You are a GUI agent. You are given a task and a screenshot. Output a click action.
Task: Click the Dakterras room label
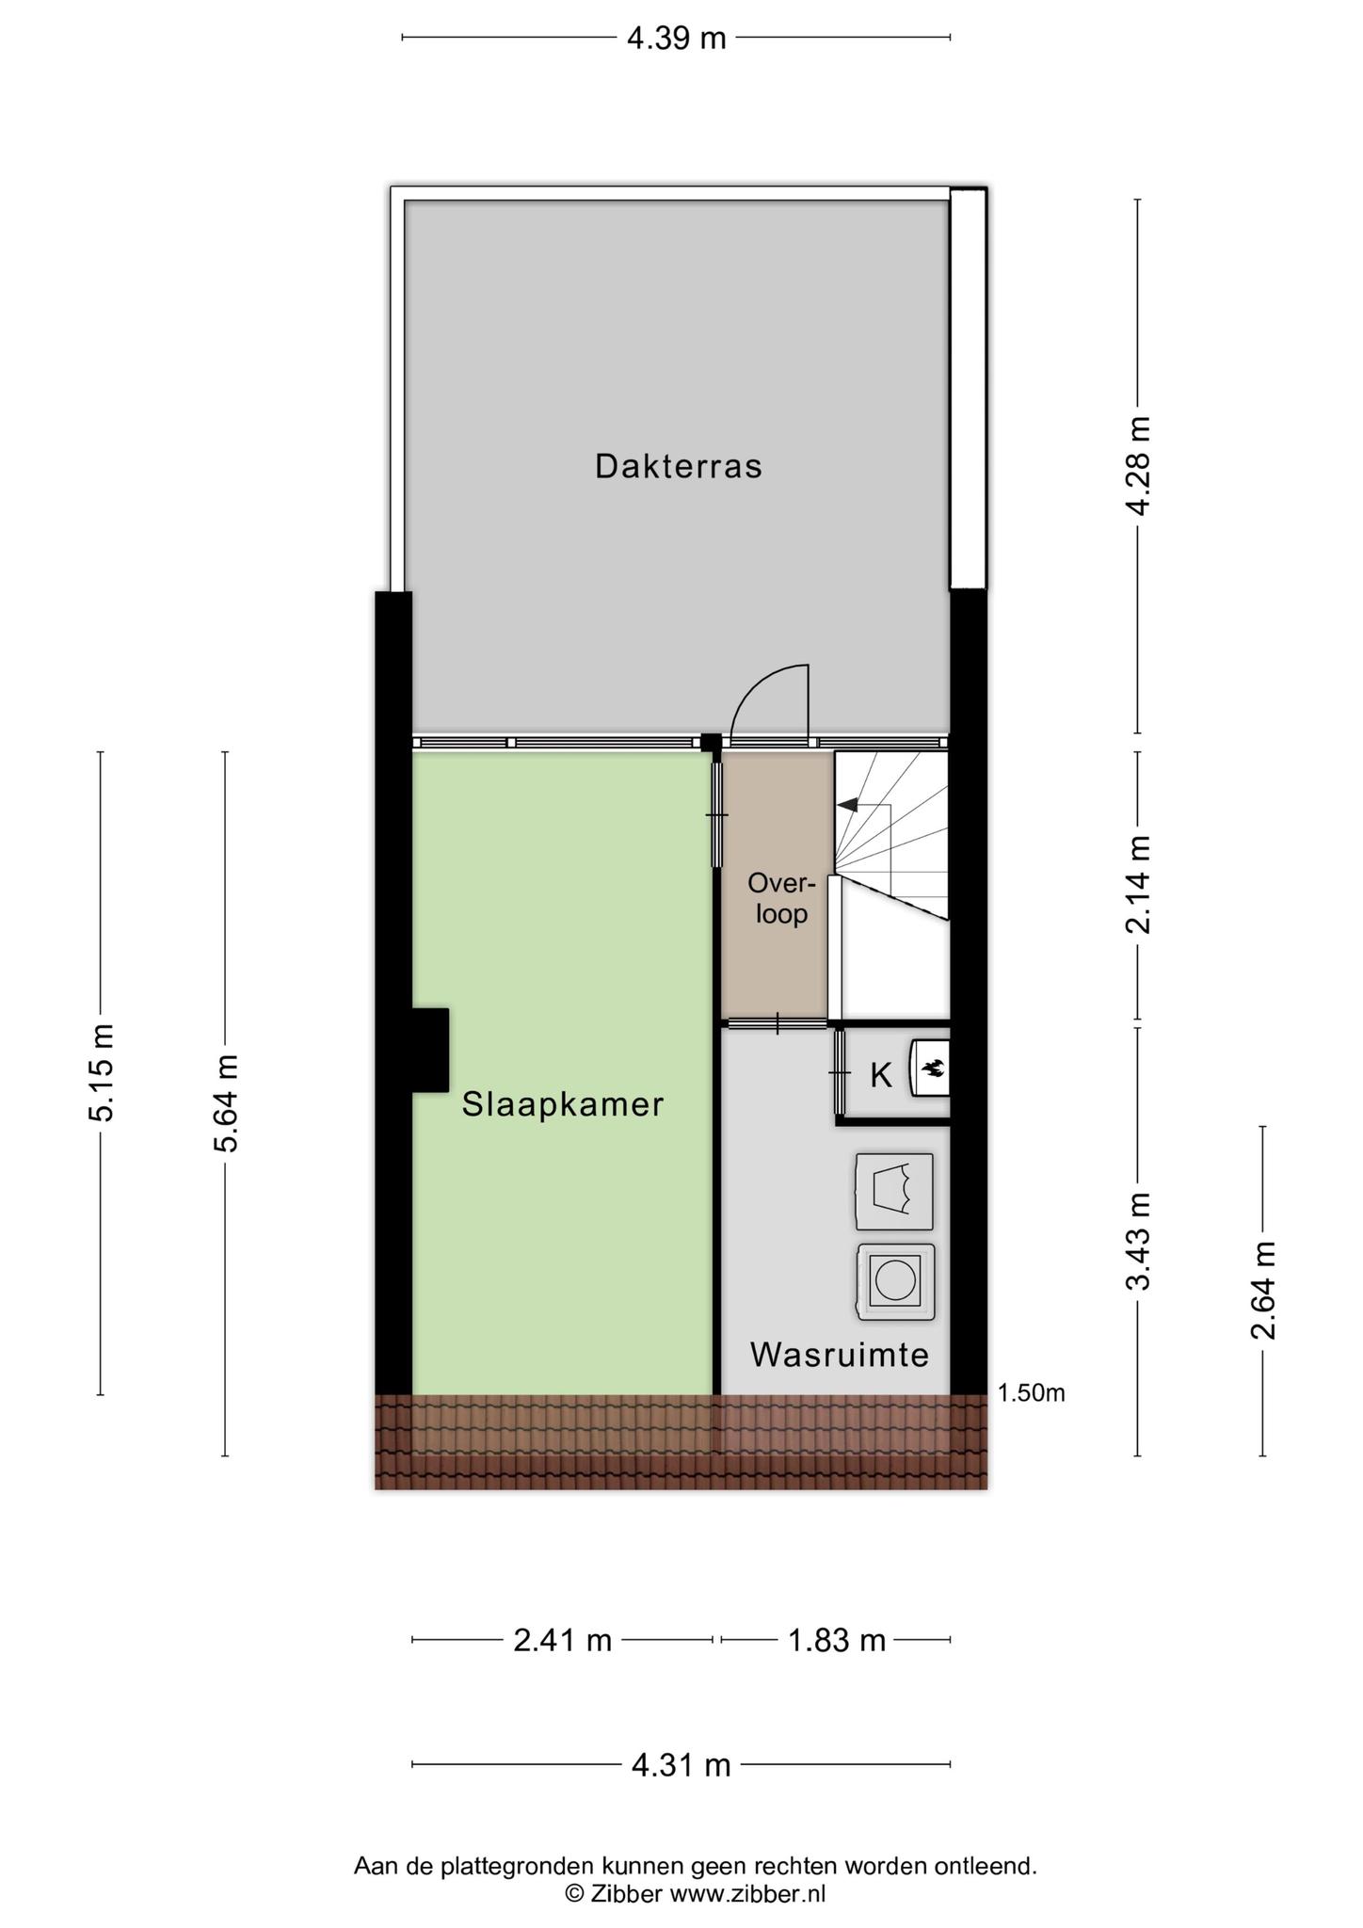[678, 466]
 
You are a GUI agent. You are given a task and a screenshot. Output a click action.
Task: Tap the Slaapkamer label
[563, 1104]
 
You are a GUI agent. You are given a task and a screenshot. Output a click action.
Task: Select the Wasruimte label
[840, 1355]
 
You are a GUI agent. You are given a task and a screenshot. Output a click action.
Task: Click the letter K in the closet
[881, 1074]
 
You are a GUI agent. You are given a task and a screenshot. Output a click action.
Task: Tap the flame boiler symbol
[930, 1068]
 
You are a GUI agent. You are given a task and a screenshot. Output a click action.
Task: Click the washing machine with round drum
[895, 1281]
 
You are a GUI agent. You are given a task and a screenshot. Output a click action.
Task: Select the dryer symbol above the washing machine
[894, 1192]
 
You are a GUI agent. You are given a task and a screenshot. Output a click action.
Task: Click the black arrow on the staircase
[847, 805]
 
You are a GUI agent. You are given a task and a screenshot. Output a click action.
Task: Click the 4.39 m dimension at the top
[677, 39]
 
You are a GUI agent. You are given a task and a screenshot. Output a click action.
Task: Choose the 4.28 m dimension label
[1138, 466]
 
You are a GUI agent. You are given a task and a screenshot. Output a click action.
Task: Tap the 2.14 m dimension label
[1138, 884]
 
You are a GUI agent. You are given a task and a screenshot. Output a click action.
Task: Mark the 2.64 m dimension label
[1262, 1290]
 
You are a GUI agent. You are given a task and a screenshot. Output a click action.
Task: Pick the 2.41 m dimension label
[563, 1640]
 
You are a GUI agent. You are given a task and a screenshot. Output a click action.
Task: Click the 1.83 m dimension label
[837, 1640]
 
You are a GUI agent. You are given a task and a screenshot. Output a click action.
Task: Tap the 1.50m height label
[1032, 1393]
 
